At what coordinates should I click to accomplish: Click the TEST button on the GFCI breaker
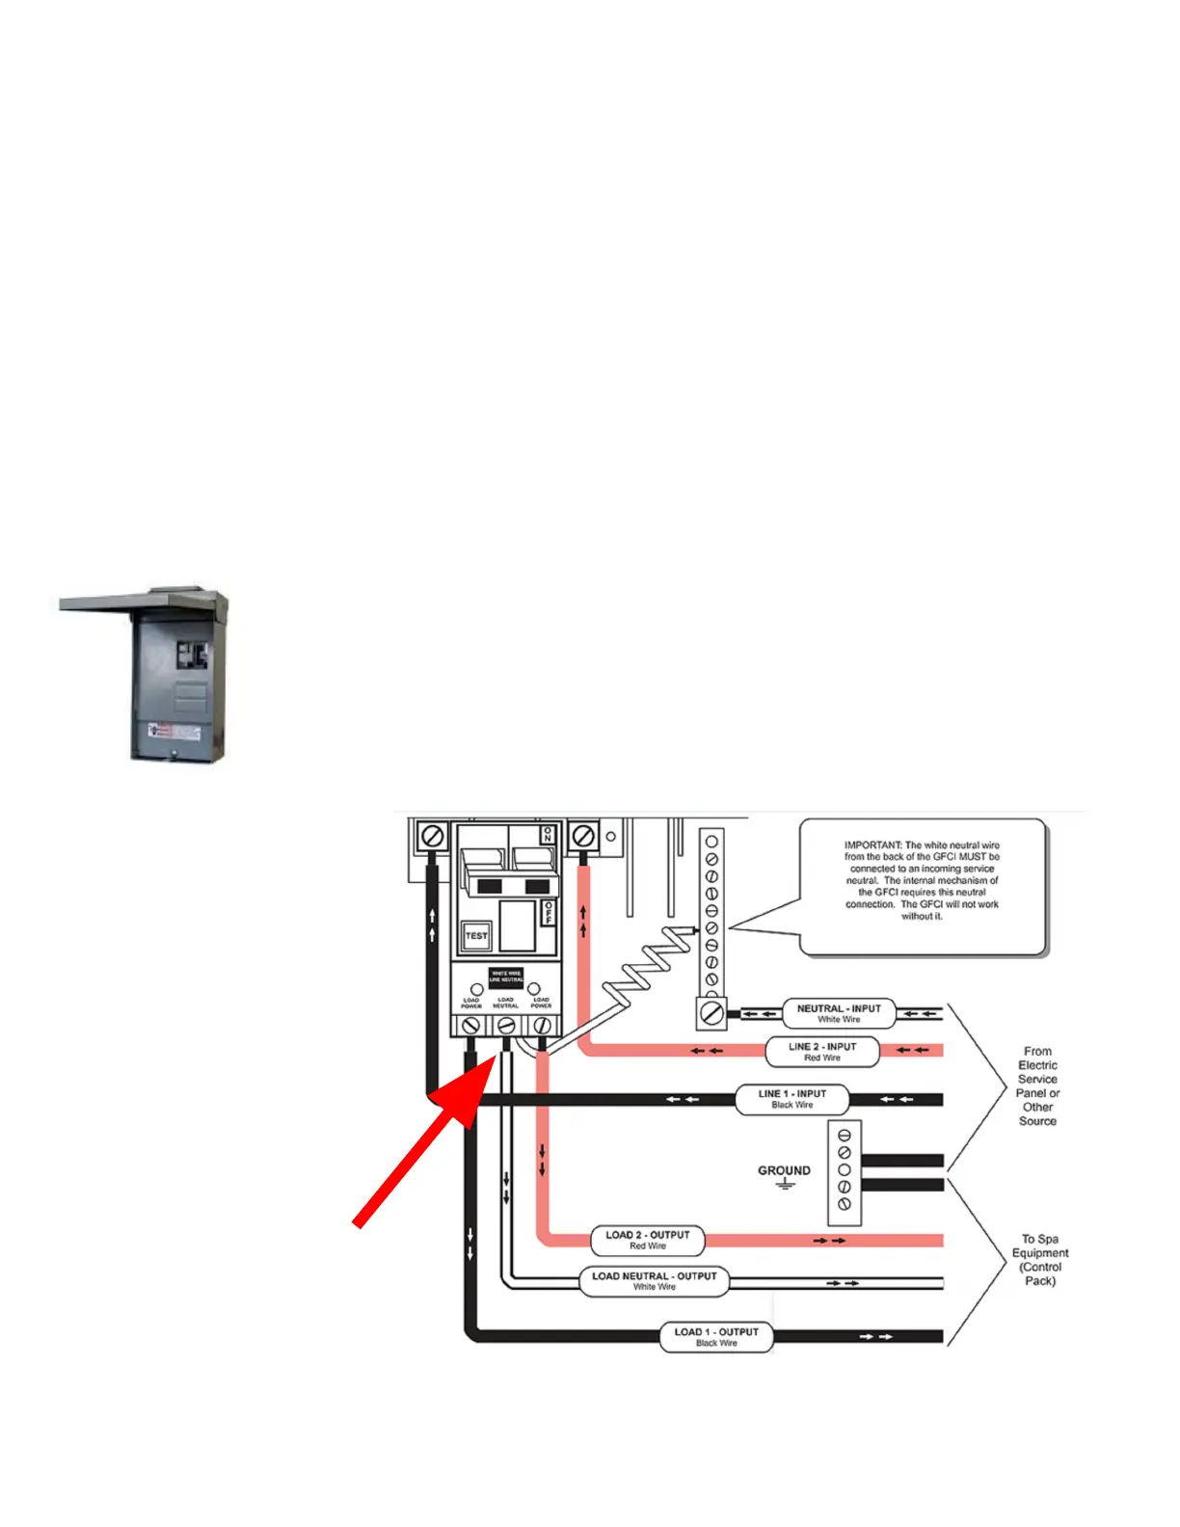[x=476, y=935]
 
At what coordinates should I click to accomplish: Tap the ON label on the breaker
[x=548, y=835]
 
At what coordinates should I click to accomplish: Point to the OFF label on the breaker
[x=548, y=912]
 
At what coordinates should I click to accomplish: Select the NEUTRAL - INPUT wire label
[x=839, y=1013]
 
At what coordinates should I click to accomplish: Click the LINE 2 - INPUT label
[x=822, y=1052]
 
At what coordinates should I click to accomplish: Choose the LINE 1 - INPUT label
[x=792, y=1099]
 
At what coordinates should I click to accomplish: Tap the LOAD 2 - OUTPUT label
[x=648, y=1240]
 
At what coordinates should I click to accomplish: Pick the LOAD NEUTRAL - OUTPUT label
[x=655, y=1281]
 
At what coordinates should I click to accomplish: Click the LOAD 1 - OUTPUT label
[x=716, y=1337]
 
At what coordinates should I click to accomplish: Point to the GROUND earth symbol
[x=785, y=1184]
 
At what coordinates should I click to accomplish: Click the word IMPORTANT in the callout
[x=872, y=845]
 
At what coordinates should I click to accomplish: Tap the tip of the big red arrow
[x=496, y=1057]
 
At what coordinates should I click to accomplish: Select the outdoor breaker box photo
[x=154, y=675]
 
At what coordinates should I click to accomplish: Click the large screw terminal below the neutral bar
[x=711, y=1013]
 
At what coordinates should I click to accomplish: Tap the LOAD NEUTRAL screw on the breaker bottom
[x=506, y=1027]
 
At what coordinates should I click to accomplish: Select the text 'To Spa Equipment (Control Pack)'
[x=1040, y=1260]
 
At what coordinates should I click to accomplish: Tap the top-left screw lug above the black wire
[x=433, y=836]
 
